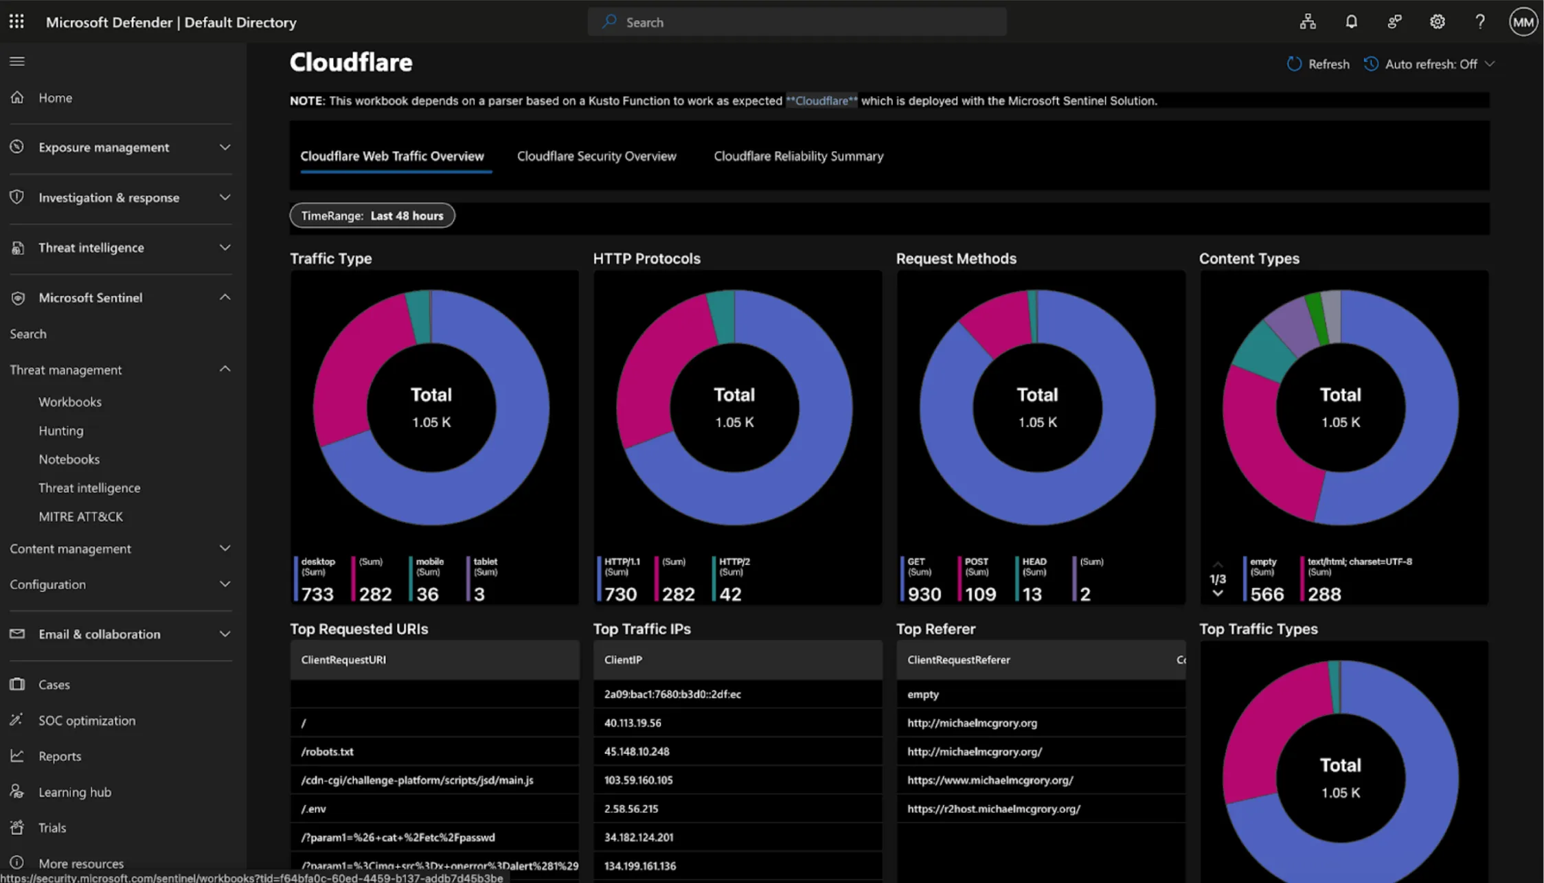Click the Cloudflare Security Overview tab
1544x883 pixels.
pyautogui.click(x=596, y=156)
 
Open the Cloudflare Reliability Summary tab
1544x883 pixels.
pyautogui.click(x=798, y=156)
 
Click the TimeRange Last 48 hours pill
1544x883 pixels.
pyautogui.click(x=372, y=216)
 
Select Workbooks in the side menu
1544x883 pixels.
pyautogui.click(x=69, y=402)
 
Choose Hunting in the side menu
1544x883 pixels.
pyautogui.click(x=60, y=431)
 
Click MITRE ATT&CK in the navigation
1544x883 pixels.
pyautogui.click(x=80, y=516)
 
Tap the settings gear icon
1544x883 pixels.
pyautogui.click(x=1437, y=22)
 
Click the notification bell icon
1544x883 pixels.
pyautogui.click(x=1351, y=22)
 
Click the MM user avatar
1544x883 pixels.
pyautogui.click(x=1523, y=22)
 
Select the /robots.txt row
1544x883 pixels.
pyautogui.click(x=327, y=751)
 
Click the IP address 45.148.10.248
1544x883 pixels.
pyautogui.click(x=637, y=751)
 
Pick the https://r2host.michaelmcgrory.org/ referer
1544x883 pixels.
pyautogui.click(x=993, y=809)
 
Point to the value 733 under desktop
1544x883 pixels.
pyautogui.click(x=317, y=594)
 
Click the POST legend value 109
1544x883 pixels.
pyautogui.click(x=980, y=594)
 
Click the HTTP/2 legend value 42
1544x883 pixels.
pyautogui.click(x=730, y=594)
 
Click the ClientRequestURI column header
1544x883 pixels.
pyautogui.click(x=343, y=660)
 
